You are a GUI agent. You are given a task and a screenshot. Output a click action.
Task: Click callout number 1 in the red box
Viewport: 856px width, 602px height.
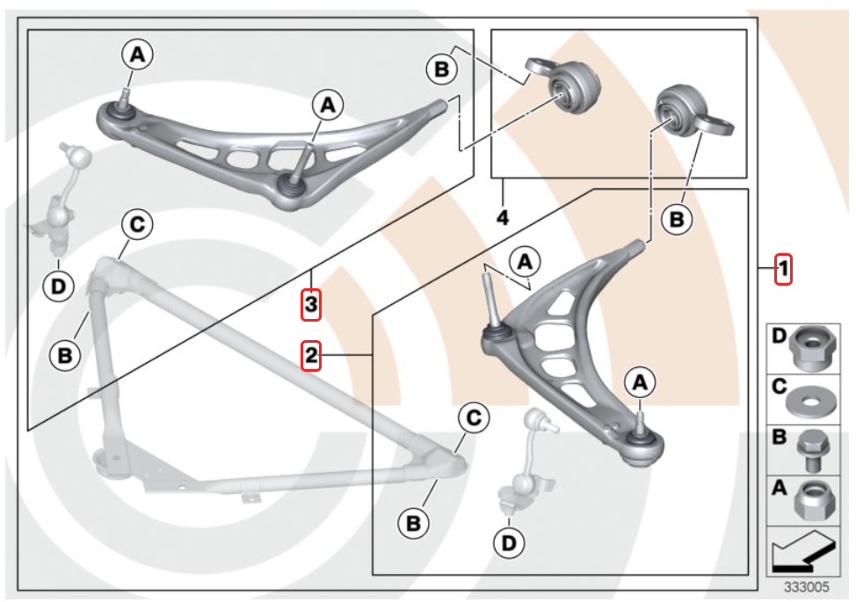pos(783,268)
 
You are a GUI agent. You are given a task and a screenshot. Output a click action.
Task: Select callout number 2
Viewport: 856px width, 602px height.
pos(310,355)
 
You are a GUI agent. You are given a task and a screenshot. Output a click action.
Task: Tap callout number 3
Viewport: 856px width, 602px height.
pos(310,305)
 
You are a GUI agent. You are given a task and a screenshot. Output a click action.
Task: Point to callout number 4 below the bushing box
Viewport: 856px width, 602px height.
pos(502,216)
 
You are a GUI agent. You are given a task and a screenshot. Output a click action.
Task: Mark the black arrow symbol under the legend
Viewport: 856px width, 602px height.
pos(801,554)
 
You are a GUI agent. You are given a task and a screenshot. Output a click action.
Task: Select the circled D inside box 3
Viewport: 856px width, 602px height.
pos(57,286)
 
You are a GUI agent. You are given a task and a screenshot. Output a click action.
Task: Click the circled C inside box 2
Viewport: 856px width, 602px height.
pos(473,419)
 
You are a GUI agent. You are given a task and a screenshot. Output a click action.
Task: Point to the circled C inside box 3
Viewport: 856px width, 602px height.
pos(136,225)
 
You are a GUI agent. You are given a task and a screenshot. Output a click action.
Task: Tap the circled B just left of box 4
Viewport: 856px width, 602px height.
pos(442,69)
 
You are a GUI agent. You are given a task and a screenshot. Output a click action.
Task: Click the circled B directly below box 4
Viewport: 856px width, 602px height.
pos(677,221)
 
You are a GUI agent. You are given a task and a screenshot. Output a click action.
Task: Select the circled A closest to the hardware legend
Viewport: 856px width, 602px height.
pos(640,381)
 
